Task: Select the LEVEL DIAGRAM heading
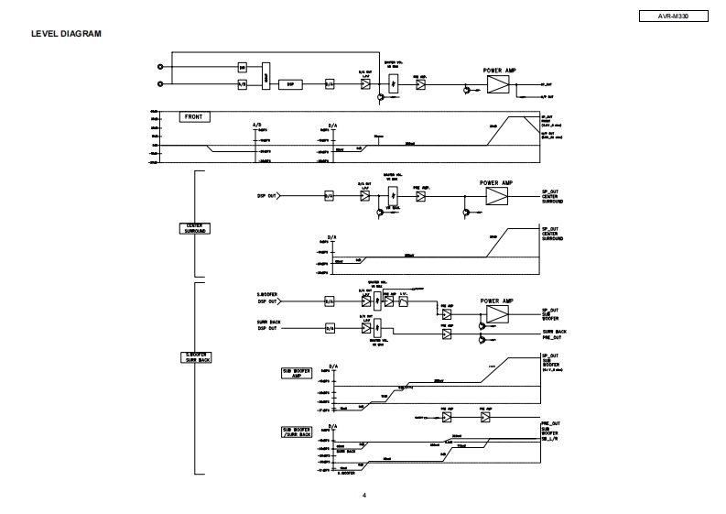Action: tap(66, 34)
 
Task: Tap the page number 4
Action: tap(363, 497)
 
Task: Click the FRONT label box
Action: tap(194, 117)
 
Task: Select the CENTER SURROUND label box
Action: tap(195, 228)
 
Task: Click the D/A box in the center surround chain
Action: tap(330, 195)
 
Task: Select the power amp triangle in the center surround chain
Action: tap(496, 197)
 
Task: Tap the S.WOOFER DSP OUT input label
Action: tap(268, 298)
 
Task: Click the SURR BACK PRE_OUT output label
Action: tap(554, 334)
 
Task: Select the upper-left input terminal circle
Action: tap(162, 67)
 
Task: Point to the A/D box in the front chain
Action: tap(243, 83)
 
